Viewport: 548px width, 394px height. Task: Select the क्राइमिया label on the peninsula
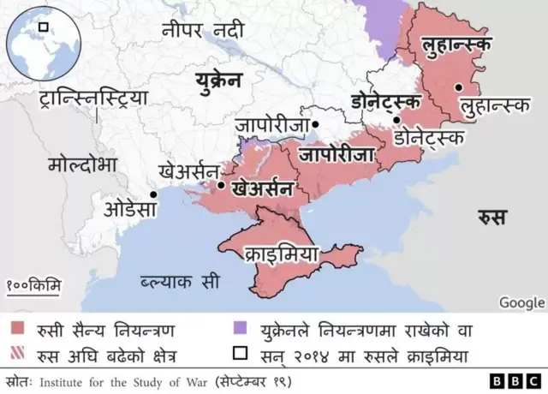click(x=281, y=254)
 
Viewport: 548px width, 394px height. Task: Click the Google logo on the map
click(x=521, y=302)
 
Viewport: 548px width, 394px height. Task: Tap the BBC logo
click(x=515, y=380)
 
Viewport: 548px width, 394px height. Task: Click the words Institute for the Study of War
click(x=123, y=379)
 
